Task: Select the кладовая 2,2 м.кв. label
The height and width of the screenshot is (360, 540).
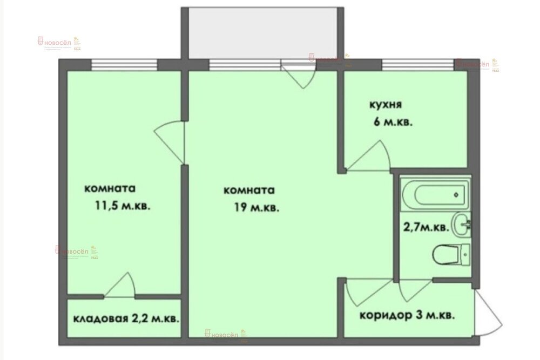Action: point(125,318)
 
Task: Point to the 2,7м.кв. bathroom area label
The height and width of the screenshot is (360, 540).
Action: point(425,228)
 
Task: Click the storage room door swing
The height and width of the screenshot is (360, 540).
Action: point(122,286)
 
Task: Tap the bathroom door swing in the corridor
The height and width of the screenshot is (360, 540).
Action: point(413,290)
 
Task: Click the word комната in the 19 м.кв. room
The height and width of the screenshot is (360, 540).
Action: point(249,191)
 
